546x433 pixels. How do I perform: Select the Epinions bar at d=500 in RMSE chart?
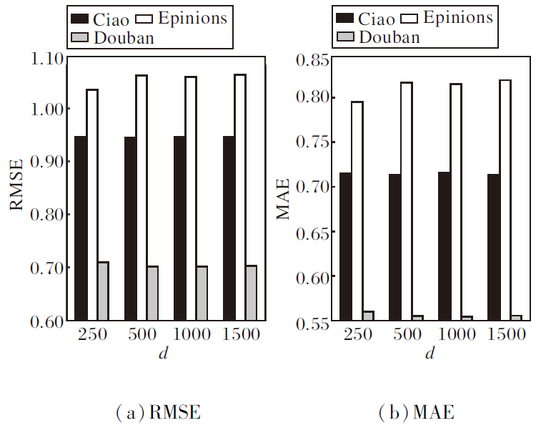[x=142, y=197]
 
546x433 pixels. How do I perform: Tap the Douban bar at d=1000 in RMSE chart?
[x=202, y=293]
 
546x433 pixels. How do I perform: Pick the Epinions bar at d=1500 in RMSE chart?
[x=240, y=197]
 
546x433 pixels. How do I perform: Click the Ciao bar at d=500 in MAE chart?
[x=395, y=248]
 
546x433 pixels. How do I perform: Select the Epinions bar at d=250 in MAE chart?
[x=357, y=211]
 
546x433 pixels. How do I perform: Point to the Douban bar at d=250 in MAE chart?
[x=369, y=316]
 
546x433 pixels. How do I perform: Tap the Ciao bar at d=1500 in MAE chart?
[x=494, y=248]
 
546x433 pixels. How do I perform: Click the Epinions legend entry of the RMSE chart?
[x=182, y=17]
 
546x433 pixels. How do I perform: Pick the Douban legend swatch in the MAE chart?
[x=344, y=37]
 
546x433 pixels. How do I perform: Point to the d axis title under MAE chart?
[x=430, y=355]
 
